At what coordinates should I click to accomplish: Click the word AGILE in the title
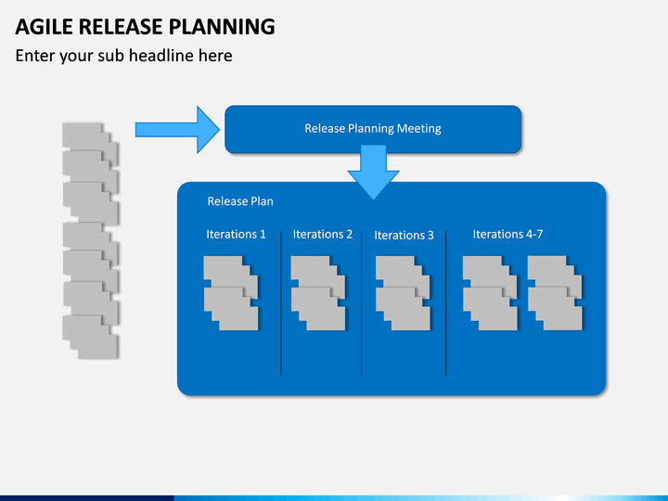click(x=44, y=26)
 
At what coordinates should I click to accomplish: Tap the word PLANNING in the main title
click(x=222, y=26)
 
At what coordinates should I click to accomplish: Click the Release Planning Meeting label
click(x=373, y=128)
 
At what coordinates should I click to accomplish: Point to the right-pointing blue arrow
click(x=177, y=130)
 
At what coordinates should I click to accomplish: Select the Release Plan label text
click(x=240, y=201)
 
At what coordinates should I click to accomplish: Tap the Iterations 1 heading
click(x=236, y=234)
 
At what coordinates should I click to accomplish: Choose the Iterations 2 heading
click(x=323, y=234)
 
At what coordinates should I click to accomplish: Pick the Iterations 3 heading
click(x=404, y=235)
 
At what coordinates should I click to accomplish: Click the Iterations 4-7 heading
click(x=507, y=234)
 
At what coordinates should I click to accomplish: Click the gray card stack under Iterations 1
click(x=231, y=293)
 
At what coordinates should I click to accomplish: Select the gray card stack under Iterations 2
click(x=318, y=293)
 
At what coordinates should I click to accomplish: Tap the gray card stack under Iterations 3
click(x=403, y=293)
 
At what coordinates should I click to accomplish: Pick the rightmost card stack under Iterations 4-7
click(x=555, y=293)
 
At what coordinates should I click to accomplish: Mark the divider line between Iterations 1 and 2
click(x=281, y=303)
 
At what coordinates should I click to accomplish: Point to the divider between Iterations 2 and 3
click(x=361, y=303)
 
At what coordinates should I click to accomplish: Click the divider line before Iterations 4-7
click(x=445, y=303)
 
